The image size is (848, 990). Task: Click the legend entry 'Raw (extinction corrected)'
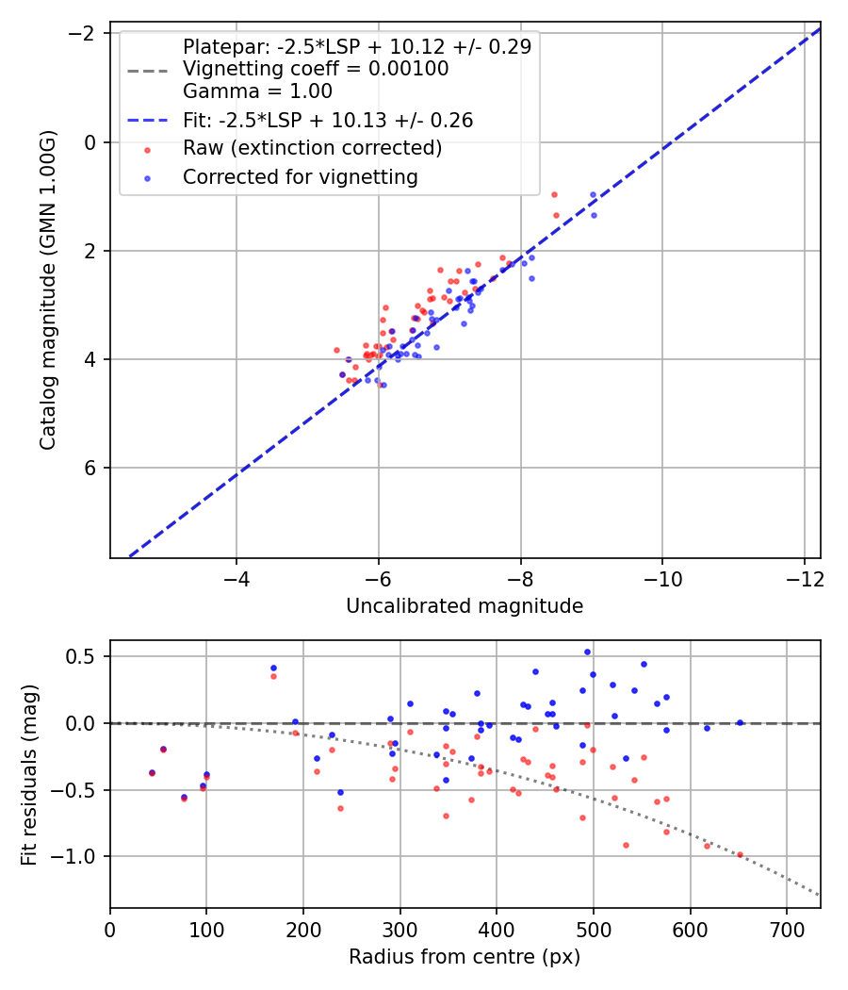312,149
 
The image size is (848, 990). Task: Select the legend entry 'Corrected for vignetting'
300,177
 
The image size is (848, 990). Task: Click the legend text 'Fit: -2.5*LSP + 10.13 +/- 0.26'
327,121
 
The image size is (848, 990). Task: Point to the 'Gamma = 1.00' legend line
257,92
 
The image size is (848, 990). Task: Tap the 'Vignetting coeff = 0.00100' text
315,69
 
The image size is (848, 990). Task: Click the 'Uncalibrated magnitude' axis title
465,606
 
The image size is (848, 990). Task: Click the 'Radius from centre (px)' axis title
465,957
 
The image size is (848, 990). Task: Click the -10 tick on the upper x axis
662,578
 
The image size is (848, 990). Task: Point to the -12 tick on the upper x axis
804,578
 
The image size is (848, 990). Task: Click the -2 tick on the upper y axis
87,34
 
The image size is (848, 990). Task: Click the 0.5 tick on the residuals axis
85,656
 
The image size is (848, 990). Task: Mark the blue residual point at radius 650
740,722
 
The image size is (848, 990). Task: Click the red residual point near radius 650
740,854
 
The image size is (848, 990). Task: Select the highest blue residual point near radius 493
587,652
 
